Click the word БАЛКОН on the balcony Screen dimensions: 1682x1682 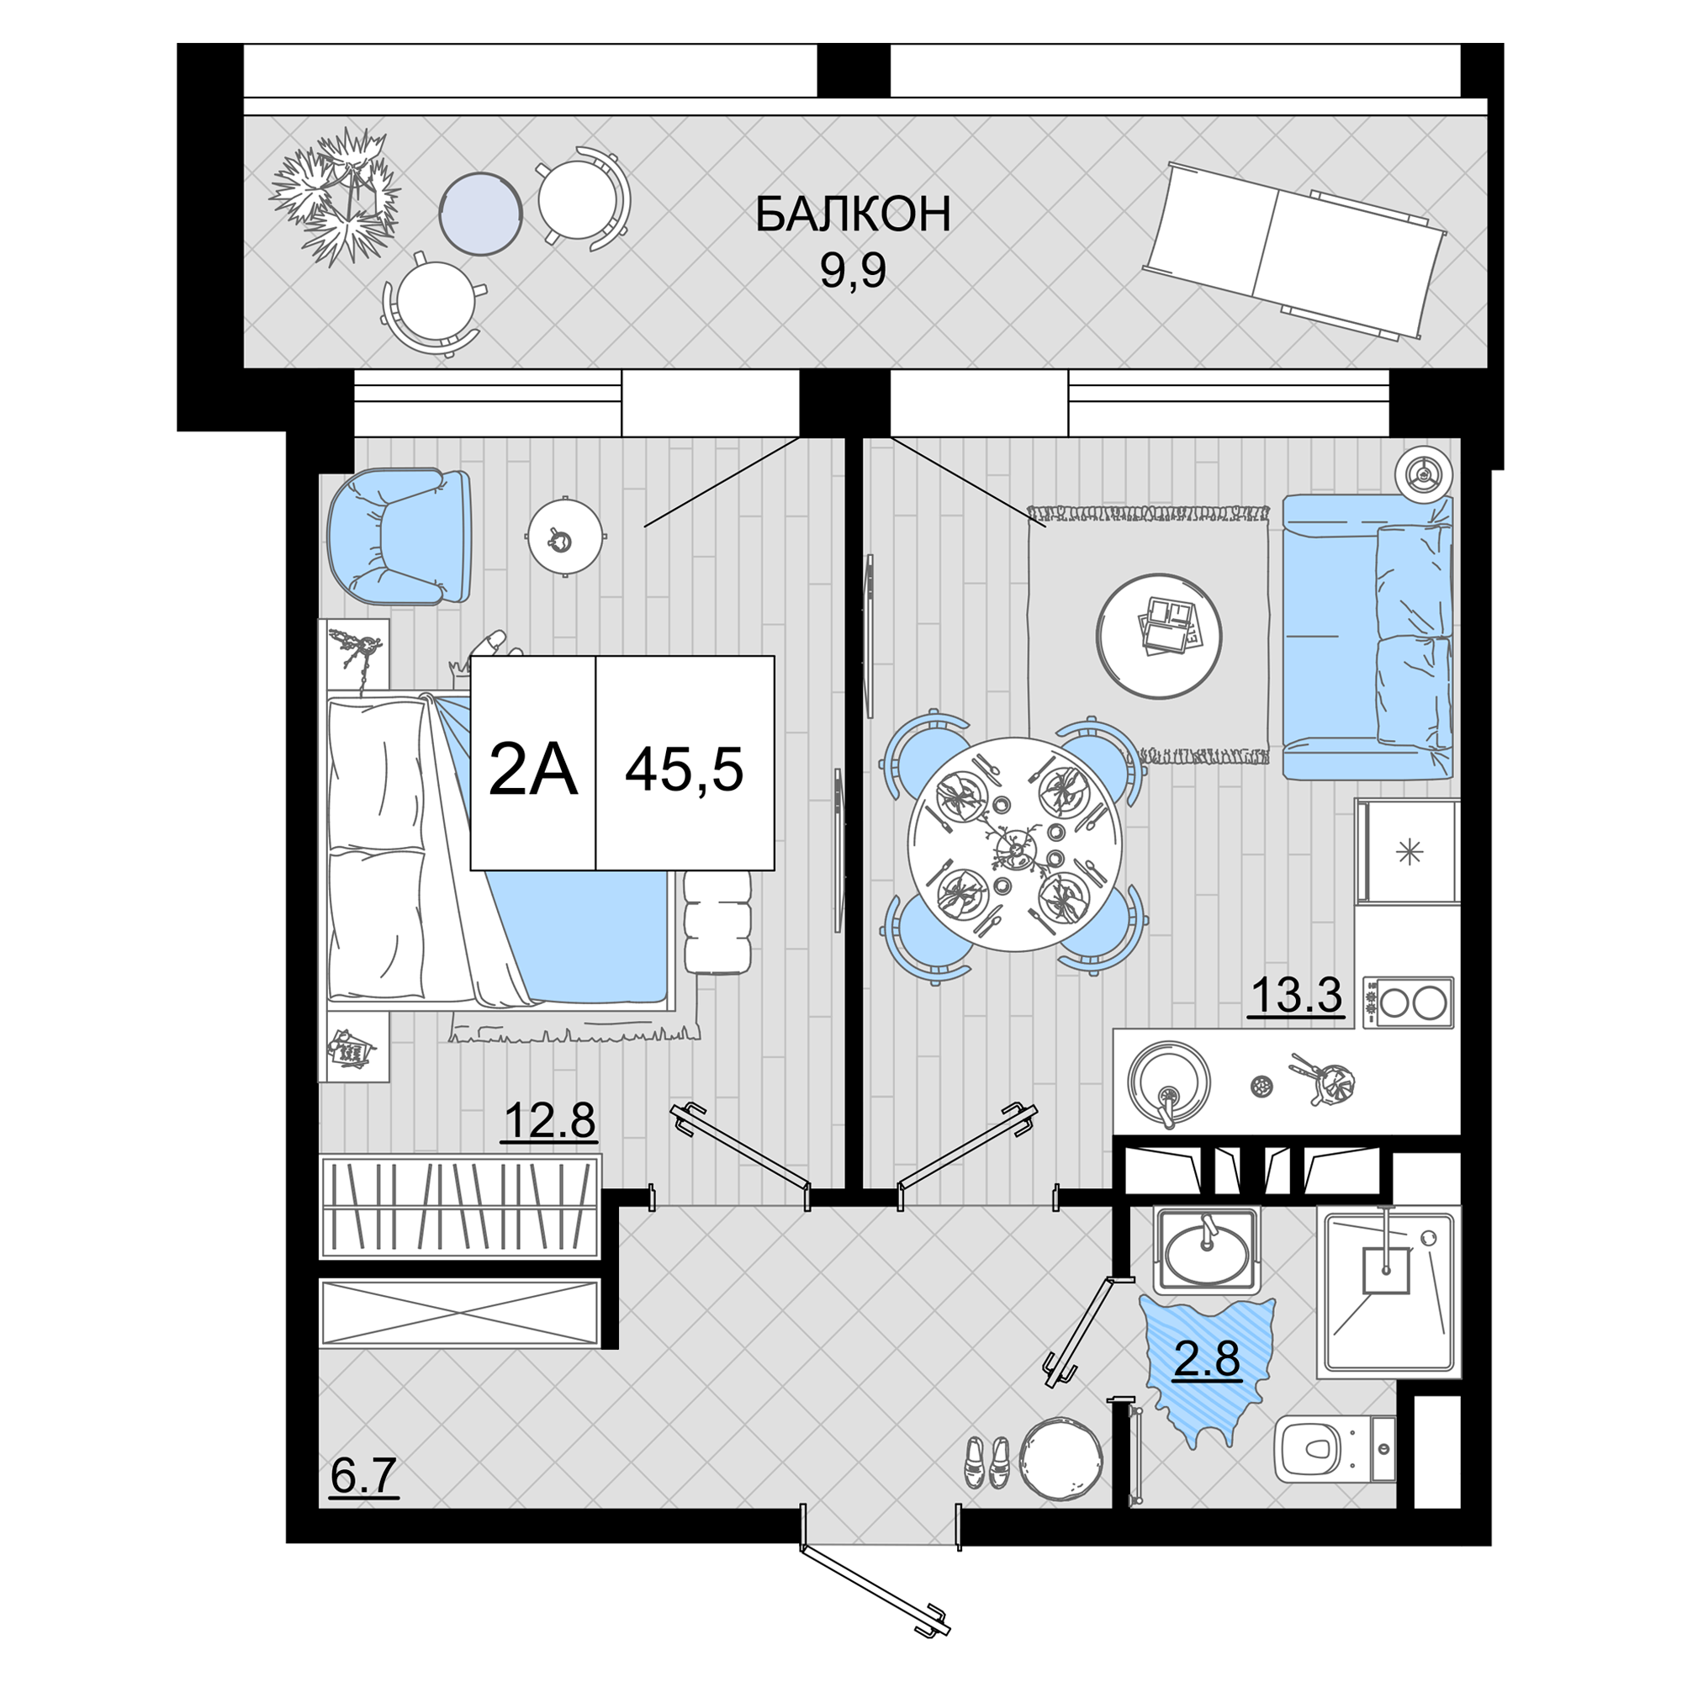tap(852, 214)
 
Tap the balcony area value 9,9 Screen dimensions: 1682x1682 tap(853, 271)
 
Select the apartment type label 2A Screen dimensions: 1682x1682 tap(533, 770)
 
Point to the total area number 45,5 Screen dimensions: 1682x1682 tap(685, 770)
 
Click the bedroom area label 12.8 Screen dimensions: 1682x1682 tap(549, 1119)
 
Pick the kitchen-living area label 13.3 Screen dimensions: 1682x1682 tap(1296, 995)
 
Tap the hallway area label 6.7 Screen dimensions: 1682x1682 tap(364, 1475)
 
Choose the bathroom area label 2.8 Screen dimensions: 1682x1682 tap(1207, 1358)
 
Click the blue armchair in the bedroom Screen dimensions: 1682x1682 tap(399, 537)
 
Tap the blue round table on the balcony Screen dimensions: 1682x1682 tap(479, 214)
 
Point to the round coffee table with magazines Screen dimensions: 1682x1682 tap(1159, 636)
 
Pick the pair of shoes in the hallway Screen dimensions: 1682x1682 tap(986, 1462)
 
